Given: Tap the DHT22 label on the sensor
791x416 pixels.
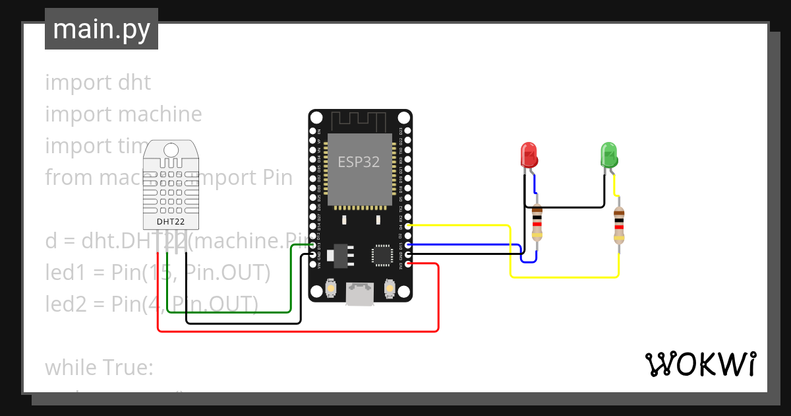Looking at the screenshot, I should pos(170,221).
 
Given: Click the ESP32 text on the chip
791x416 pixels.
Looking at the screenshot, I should pos(359,162).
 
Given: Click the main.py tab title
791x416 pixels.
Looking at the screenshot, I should pos(102,29).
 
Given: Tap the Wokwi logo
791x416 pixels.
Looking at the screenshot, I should pos(700,364).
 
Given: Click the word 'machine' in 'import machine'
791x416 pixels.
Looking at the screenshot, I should pos(163,114).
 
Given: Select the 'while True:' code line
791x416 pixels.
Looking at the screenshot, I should pos(99,367).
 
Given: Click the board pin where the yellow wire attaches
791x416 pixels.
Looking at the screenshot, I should pos(409,226).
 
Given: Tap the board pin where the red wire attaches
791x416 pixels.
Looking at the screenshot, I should pos(409,264).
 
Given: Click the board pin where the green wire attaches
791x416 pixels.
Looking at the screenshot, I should pos(312,245).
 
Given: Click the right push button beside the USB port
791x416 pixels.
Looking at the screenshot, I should pos(389,289).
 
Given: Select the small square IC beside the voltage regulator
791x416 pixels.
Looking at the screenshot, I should pos(382,255).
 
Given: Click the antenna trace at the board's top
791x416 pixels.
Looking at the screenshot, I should pos(359,121).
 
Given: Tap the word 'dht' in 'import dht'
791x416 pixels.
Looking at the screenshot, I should pos(134,83).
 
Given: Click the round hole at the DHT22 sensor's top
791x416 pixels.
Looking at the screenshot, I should pos(171,149).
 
